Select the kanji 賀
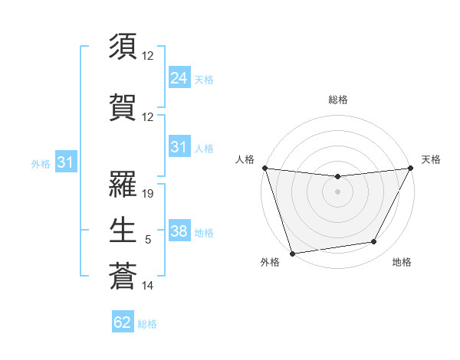[x=123, y=108]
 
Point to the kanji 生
[x=123, y=227]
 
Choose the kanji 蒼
[x=123, y=275]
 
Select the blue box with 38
[x=179, y=231]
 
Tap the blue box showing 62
[x=123, y=322]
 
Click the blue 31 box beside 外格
[x=65, y=162]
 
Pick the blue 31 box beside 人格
[x=179, y=147]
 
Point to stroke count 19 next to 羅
[x=149, y=194]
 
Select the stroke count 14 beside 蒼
[x=149, y=286]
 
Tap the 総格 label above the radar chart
[x=337, y=100]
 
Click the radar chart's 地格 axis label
[x=402, y=262]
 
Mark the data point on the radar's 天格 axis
[x=410, y=168]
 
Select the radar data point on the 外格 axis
[x=292, y=252]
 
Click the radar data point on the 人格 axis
[x=264, y=168]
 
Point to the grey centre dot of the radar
[x=337, y=191]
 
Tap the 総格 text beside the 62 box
[x=147, y=324]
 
